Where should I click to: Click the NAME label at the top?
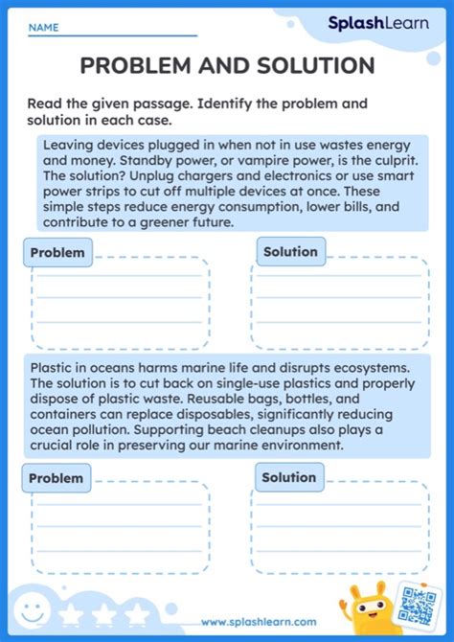43,29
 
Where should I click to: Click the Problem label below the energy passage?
57,253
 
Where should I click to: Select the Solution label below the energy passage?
290,252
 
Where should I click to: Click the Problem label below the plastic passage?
56,478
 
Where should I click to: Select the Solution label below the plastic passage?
288,477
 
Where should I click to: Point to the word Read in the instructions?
45,103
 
